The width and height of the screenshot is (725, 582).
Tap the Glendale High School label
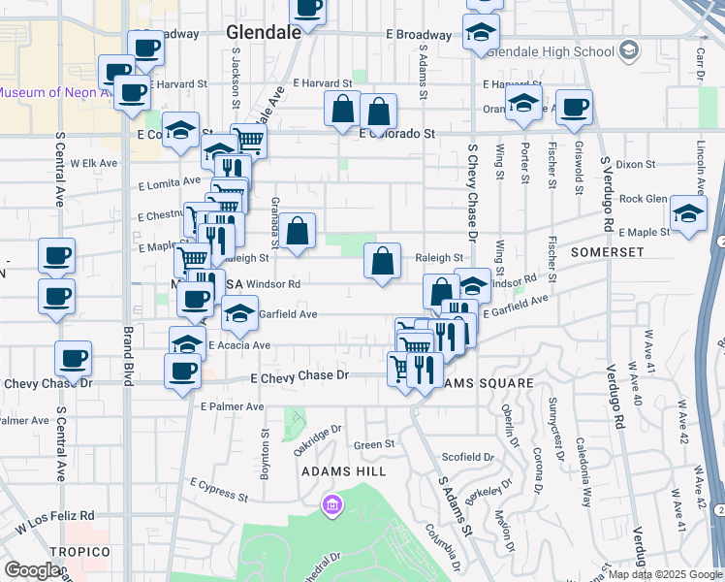click(x=562, y=51)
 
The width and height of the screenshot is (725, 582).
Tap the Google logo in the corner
click(x=32, y=570)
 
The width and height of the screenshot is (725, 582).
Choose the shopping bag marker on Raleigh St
click(x=383, y=261)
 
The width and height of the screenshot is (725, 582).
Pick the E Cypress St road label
click(x=218, y=488)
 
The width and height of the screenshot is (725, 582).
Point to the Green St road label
click(x=374, y=445)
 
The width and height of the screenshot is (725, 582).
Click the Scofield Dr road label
click(x=467, y=457)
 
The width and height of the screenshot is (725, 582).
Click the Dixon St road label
click(x=636, y=165)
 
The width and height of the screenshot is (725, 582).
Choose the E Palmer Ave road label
click(x=232, y=406)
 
